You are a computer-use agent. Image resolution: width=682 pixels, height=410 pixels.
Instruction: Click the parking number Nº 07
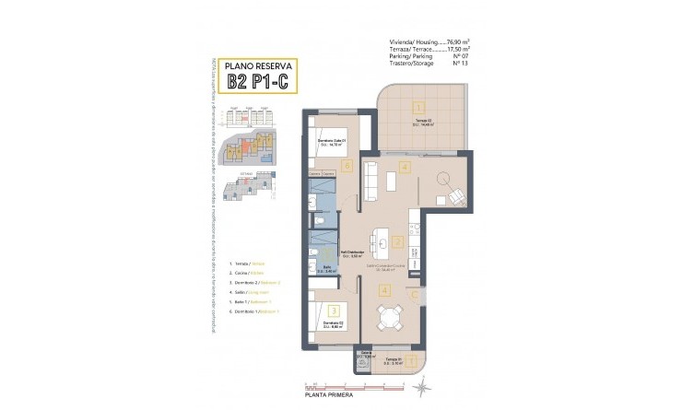[x=458, y=57]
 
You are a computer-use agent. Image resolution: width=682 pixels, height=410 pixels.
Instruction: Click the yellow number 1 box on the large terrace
[x=417, y=108]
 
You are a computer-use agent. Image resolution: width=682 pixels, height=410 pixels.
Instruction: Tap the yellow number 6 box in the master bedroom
[x=347, y=167]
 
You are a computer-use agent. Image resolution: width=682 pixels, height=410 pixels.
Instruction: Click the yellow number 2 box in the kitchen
[x=398, y=242]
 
